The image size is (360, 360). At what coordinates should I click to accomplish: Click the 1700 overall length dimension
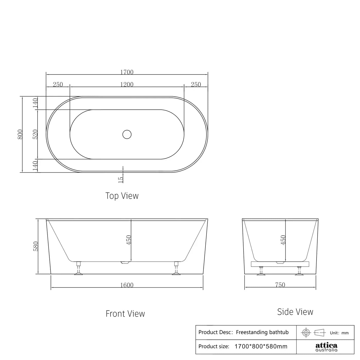coord(127,72)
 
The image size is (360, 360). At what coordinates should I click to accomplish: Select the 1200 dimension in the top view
coord(127,84)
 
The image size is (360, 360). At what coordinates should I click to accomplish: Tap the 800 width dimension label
coord(20,134)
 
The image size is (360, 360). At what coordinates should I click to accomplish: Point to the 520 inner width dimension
coord(35,134)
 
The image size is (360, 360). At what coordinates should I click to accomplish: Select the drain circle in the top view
coord(127,134)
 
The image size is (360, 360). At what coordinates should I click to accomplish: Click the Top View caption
coord(122,196)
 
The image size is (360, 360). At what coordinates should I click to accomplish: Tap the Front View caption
coord(125,314)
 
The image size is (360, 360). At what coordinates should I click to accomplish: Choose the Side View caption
coord(295,312)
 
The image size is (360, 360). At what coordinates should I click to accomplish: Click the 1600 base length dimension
coord(127,285)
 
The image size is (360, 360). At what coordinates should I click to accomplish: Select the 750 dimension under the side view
coord(280,285)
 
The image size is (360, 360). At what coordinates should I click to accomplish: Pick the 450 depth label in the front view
coord(129,240)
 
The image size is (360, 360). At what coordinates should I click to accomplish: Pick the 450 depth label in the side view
coord(283,240)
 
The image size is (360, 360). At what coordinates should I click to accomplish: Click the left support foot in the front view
coord(79,269)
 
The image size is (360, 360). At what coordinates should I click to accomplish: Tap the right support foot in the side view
coord(299,271)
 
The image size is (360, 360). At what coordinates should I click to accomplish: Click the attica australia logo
coord(326,347)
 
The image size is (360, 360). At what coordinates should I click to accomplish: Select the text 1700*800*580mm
coord(261,346)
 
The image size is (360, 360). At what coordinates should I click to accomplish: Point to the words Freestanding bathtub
coord(262,332)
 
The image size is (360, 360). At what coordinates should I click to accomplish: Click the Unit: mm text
coord(339,333)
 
